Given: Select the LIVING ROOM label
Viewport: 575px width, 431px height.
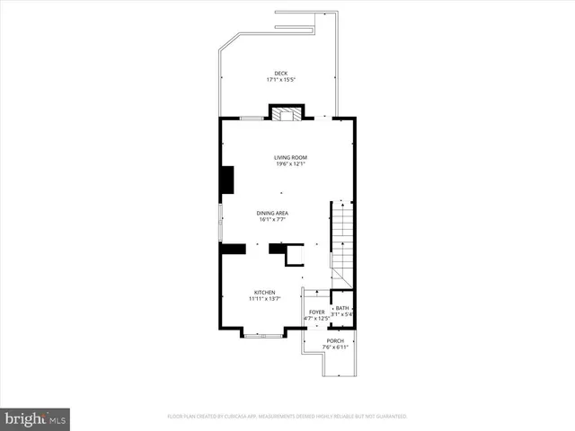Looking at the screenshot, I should click(290, 157).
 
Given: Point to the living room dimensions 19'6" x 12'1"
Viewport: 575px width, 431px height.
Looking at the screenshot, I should click(290, 164).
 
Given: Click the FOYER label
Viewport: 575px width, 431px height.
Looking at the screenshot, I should click(317, 312).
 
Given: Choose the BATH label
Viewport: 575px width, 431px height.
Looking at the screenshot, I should click(342, 308).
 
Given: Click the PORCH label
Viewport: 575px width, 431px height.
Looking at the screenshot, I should click(334, 340).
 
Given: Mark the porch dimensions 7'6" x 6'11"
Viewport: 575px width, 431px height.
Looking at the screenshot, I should click(334, 347).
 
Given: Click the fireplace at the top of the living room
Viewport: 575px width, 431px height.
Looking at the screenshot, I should click(288, 114).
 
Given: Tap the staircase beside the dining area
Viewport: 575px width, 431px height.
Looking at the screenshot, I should click(342, 235).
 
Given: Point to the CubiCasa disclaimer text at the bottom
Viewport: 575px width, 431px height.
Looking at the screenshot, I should click(287, 417).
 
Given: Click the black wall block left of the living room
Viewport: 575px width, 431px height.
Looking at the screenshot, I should click(228, 180).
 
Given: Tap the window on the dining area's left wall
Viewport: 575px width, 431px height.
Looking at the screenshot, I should click(221, 222).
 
